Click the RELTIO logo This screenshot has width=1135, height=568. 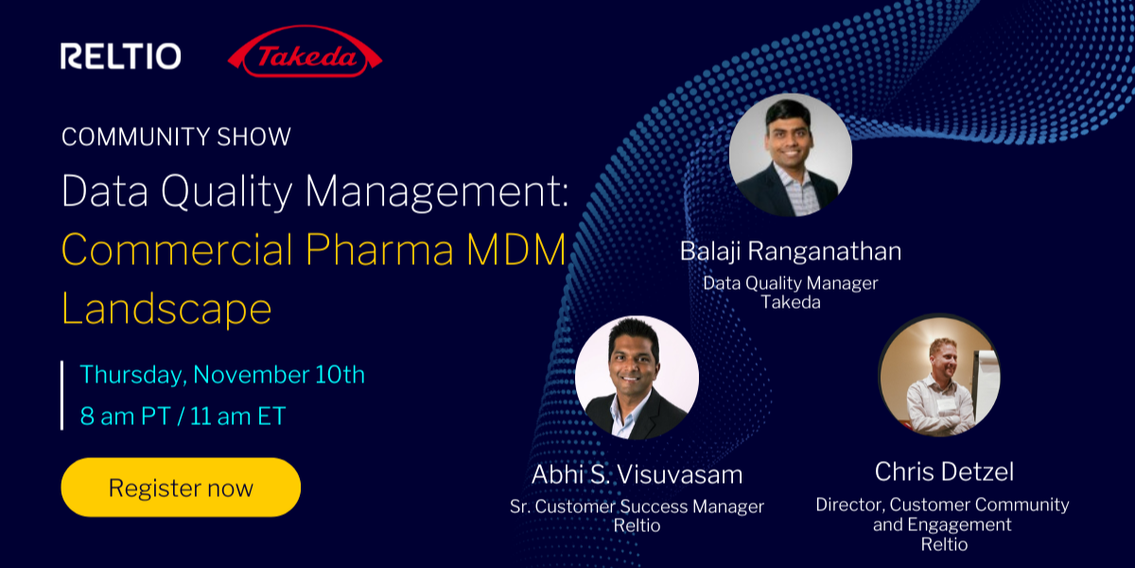click(x=120, y=57)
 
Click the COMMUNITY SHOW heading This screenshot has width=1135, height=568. click(x=176, y=136)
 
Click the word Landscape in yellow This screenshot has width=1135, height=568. click(x=166, y=308)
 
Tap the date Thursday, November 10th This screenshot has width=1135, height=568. click(x=222, y=374)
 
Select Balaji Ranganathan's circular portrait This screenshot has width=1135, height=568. click(x=790, y=155)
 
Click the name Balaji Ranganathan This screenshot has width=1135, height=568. click(x=790, y=252)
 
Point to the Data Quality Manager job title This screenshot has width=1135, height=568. click(x=790, y=283)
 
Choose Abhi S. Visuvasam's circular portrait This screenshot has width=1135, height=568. click(x=637, y=378)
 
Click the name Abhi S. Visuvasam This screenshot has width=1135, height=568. click(x=637, y=473)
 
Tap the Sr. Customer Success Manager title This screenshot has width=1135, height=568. click(x=637, y=506)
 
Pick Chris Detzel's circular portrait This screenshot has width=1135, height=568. click(x=939, y=375)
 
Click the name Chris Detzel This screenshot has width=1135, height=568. click(x=942, y=471)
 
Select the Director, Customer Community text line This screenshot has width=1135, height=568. click(x=942, y=505)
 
